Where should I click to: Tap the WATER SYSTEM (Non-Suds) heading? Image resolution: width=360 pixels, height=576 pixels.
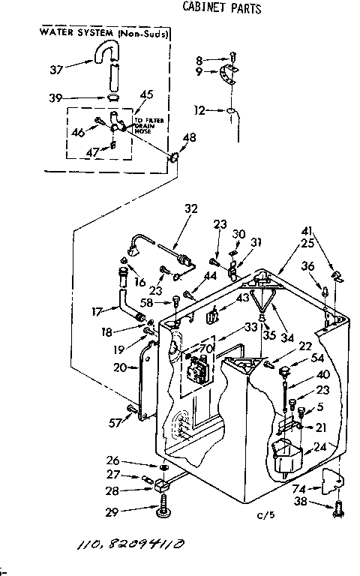point(103,34)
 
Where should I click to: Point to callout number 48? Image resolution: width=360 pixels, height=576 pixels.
point(190,137)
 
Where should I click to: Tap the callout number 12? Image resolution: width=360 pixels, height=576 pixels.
point(199,110)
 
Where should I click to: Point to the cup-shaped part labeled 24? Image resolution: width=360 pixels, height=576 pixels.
point(286,457)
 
